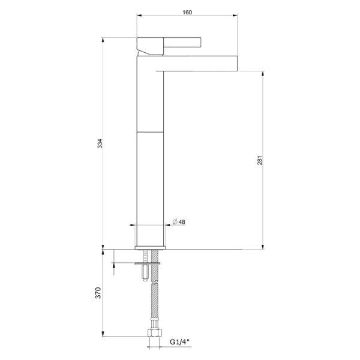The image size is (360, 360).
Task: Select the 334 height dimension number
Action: coord(101,143)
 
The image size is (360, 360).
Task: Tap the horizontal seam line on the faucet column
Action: coord(151,130)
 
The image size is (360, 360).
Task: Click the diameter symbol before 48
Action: coord(174,221)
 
